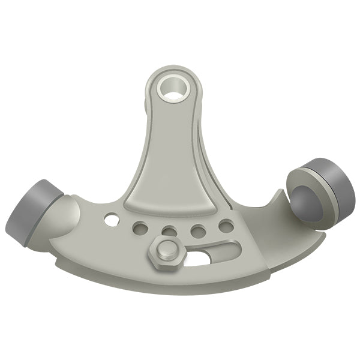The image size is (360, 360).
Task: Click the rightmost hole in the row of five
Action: [x=226, y=226]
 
